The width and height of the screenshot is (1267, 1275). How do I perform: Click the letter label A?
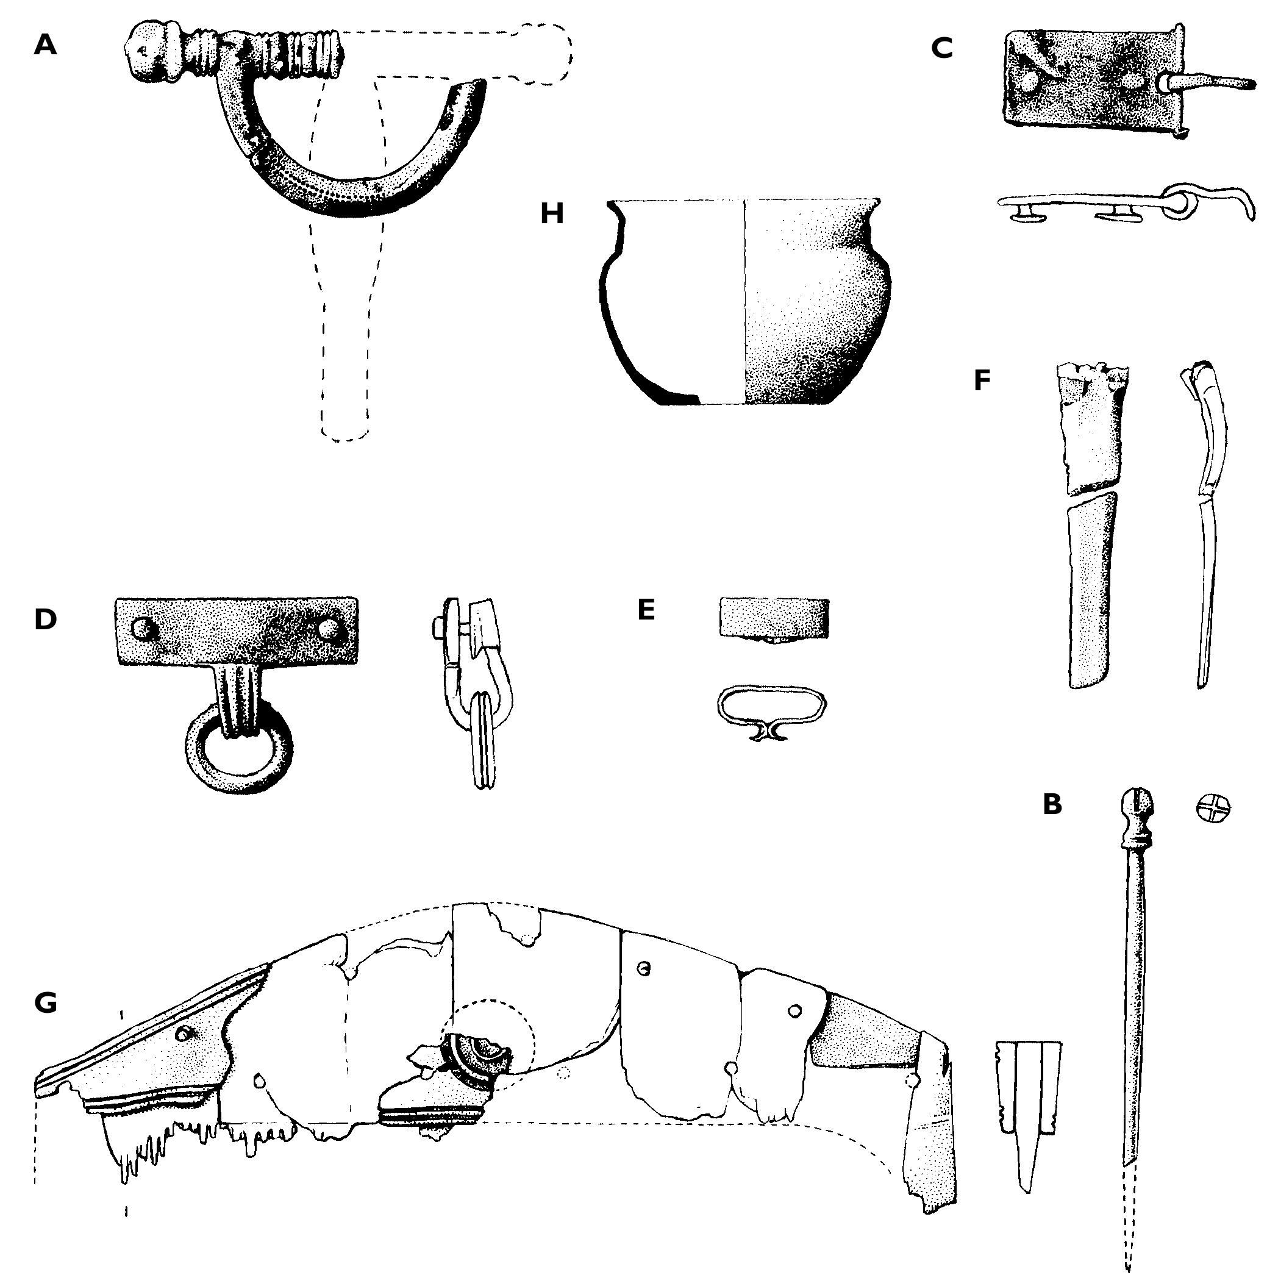[45, 45]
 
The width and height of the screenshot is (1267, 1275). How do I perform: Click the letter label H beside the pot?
[552, 214]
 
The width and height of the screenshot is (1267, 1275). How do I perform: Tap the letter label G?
[45, 1003]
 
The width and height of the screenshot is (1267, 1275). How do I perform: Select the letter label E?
[646, 610]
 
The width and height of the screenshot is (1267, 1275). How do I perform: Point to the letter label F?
[982, 380]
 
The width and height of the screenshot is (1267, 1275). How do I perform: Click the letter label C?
[941, 48]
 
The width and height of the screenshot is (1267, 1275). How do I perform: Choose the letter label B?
[1052, 804]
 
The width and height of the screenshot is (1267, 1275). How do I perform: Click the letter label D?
[45, 619]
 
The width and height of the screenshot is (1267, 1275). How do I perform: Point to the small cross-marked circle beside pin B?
[1213, 808]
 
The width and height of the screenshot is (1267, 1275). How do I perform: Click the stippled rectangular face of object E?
[773, 617]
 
